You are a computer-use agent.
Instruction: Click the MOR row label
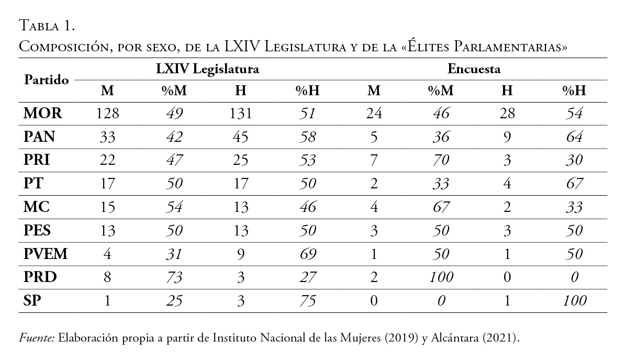point(43,114)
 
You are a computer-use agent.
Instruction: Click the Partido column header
point(47,80)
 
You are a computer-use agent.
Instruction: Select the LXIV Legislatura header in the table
point(207,69)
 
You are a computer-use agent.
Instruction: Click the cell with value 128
point(107,114)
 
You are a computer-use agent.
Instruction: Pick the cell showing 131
point(241,114)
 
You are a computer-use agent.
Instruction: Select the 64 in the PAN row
point(574,137)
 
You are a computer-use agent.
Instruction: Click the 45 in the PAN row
point(241,137)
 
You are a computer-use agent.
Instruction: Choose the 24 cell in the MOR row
point(374,114)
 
